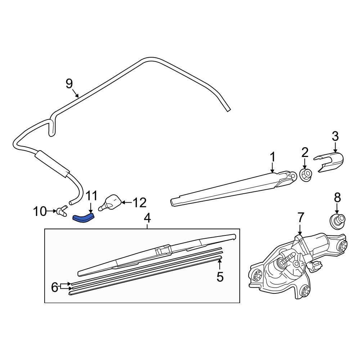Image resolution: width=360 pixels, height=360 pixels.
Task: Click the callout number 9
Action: [69, 84]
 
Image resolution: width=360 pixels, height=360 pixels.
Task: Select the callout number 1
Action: [273, 157]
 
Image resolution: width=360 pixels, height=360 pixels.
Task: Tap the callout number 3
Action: [335, 136]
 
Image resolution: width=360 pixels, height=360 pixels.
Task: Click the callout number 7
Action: [301, 217]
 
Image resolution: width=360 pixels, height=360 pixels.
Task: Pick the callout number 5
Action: [220, 277]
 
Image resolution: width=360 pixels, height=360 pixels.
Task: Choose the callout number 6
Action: [55, 287]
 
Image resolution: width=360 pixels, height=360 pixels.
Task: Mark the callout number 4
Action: [147, 218]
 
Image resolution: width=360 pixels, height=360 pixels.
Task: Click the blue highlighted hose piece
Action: [84, 217]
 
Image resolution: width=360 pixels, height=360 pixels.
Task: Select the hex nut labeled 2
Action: [305, 175]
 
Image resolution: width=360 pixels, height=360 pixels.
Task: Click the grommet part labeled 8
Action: [337, 220]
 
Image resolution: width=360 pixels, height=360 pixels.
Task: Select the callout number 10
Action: [40, 211]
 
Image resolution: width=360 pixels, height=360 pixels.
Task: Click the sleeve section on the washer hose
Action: [51, 163]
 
